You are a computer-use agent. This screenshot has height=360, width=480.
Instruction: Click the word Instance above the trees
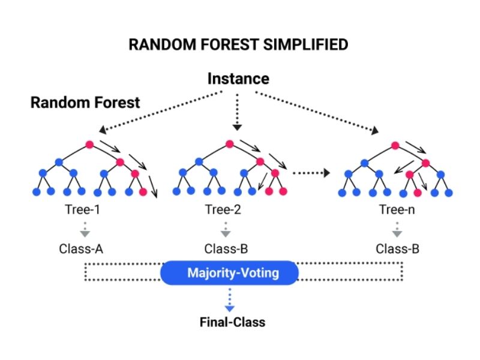pos(238,79)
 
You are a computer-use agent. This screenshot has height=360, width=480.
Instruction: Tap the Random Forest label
pos(85,102)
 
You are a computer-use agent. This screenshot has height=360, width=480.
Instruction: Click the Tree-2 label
pos(225,210)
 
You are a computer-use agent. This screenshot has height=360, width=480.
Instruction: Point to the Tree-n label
pos(396,210)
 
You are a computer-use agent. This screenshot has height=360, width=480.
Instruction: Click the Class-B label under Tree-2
pos(225,248)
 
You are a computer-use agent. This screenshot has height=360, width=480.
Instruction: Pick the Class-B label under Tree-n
pos(396,248)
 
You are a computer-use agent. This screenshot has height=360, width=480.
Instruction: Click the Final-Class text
pos(232,322)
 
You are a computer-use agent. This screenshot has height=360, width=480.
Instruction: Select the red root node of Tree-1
pos(89,145)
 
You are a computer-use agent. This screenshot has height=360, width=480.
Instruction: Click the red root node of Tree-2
pos(230,145)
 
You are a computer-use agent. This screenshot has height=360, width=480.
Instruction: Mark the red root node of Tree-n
pos(395,145)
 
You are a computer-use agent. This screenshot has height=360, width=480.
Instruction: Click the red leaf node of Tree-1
pos(143,192)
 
